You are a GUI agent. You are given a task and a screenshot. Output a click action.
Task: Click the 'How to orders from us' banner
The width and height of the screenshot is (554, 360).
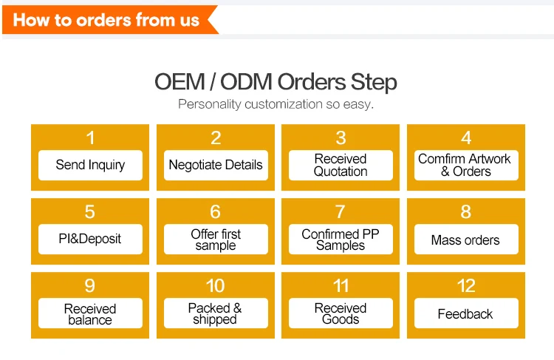pos(106,20)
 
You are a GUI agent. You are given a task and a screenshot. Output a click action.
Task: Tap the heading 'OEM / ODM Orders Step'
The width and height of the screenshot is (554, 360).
pos(276,81)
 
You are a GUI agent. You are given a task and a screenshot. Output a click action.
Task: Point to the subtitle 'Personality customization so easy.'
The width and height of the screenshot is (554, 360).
pos(276,104)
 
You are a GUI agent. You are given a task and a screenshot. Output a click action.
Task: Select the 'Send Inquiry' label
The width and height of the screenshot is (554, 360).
pos(90,165)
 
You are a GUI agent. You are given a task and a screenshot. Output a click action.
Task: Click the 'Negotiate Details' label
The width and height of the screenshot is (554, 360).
pos(215,165)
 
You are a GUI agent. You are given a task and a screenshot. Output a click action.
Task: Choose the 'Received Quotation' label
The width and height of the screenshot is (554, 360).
pos(341,165)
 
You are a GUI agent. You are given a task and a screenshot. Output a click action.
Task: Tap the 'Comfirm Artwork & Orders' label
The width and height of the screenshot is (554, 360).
pos(465,165)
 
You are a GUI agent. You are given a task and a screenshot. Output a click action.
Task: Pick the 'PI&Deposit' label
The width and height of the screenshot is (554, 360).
pos(90,240)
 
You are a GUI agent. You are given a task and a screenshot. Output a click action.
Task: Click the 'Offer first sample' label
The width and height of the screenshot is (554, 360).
pos(215,240)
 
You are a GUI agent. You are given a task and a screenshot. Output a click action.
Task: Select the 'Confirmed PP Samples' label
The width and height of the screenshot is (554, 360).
pos(341,240)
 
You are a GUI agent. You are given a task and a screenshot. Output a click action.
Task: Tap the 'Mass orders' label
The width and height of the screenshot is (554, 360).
pos(465,240)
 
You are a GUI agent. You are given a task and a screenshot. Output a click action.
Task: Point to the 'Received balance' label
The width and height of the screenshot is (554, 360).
pos(90,314)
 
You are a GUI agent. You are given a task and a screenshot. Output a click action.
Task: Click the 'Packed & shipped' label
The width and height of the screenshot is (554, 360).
pos(215,314)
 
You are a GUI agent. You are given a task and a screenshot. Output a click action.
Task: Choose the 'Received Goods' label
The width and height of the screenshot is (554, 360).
pos(341,314)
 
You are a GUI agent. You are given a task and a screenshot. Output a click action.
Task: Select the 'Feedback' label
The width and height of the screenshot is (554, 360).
pos(465,314)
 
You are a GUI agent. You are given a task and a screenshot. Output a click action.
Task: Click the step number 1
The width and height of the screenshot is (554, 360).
pos(90,137)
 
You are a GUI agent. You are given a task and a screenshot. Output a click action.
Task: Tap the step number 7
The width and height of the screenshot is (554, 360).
pos(341,212)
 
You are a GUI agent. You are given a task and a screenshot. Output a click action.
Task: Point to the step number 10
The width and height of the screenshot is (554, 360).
pos(215,286)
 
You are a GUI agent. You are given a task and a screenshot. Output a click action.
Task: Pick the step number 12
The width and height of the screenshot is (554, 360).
pos(465,286)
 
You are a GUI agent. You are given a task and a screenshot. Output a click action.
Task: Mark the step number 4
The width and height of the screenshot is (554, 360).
pos(465,137)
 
